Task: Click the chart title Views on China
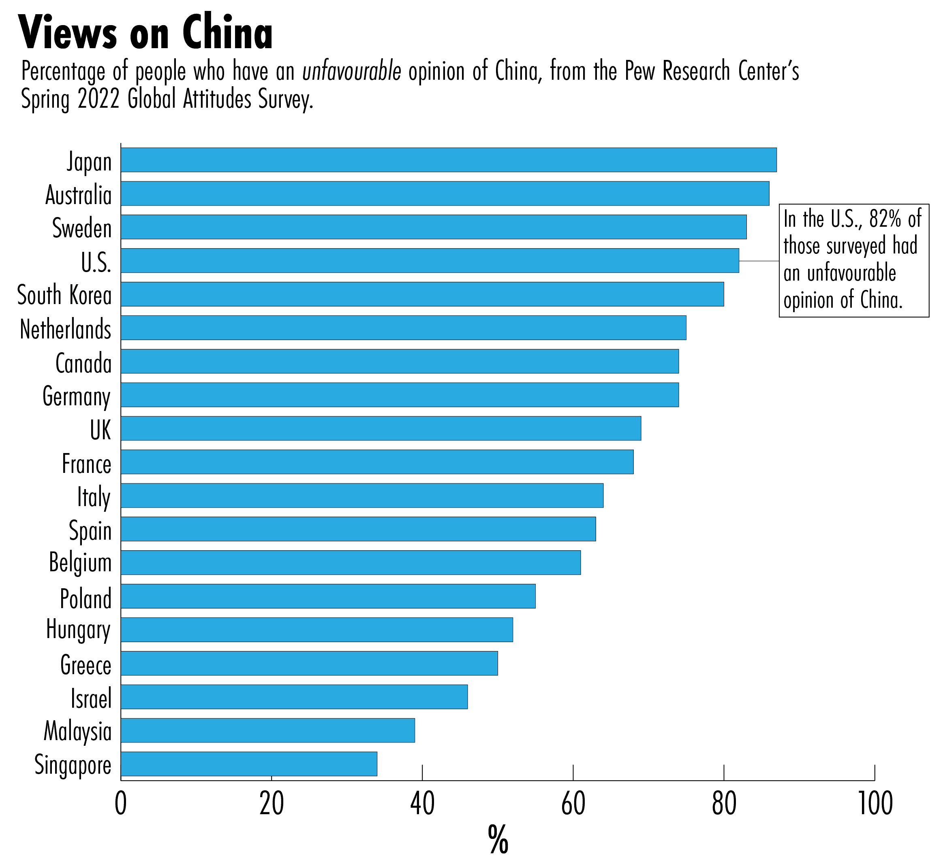(x=145, y=33)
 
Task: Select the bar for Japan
(x=448, y=160)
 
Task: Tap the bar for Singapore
(x=248, y=764)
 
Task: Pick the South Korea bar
(x=422, y=294)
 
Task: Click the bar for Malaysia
(x=268, y=730)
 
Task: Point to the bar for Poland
(x=327, y=596)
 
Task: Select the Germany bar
(x=399, y=395)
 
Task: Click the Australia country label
(x=79, y=195)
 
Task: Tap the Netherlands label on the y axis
(x=66, y=330)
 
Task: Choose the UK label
(x=101, y=430)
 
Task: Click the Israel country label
(x=91, y=698)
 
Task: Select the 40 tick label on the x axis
(x=422, y=804)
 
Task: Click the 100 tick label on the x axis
(x=874, y=804)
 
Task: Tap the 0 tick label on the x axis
(x=121, y=804)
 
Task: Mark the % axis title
(x=498, y=840)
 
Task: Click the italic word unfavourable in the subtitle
(x=351, y=72)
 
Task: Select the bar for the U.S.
(x=430, y=260)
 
